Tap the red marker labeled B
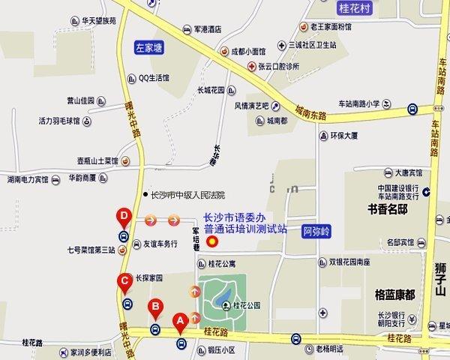[x=155, y=306]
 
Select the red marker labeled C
[x=126, y=283]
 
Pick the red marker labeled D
[x=124, y=218]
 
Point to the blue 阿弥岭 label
[x=317, y=231]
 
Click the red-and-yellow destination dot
[x=212, y=241]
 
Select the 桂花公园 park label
[x=247, y=305]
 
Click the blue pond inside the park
[x=224, y=302]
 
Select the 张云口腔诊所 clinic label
[x=278, y=66]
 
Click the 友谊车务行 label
[x=160, y=243]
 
